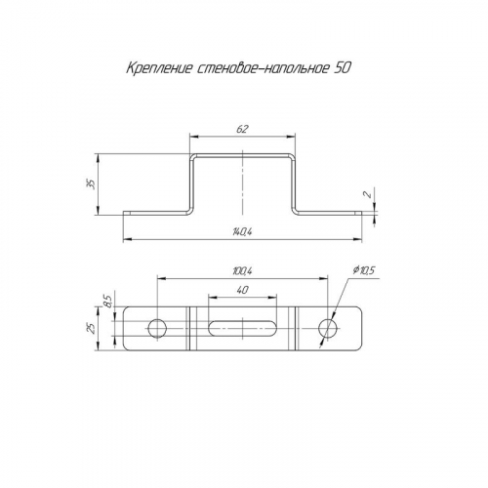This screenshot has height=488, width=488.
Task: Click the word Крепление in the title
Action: coord(159,68)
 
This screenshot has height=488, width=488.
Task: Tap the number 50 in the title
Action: coord(343,68)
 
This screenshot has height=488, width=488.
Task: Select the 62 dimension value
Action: coord(243,129)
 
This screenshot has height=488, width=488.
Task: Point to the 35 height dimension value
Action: coord(93,184)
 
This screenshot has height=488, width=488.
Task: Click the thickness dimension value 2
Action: coord(368,194)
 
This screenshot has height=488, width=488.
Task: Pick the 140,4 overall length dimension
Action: coord(243,231)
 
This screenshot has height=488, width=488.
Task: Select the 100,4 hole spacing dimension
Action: coord(243,270)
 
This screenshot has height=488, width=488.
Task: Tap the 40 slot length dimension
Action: coord(243,290)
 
